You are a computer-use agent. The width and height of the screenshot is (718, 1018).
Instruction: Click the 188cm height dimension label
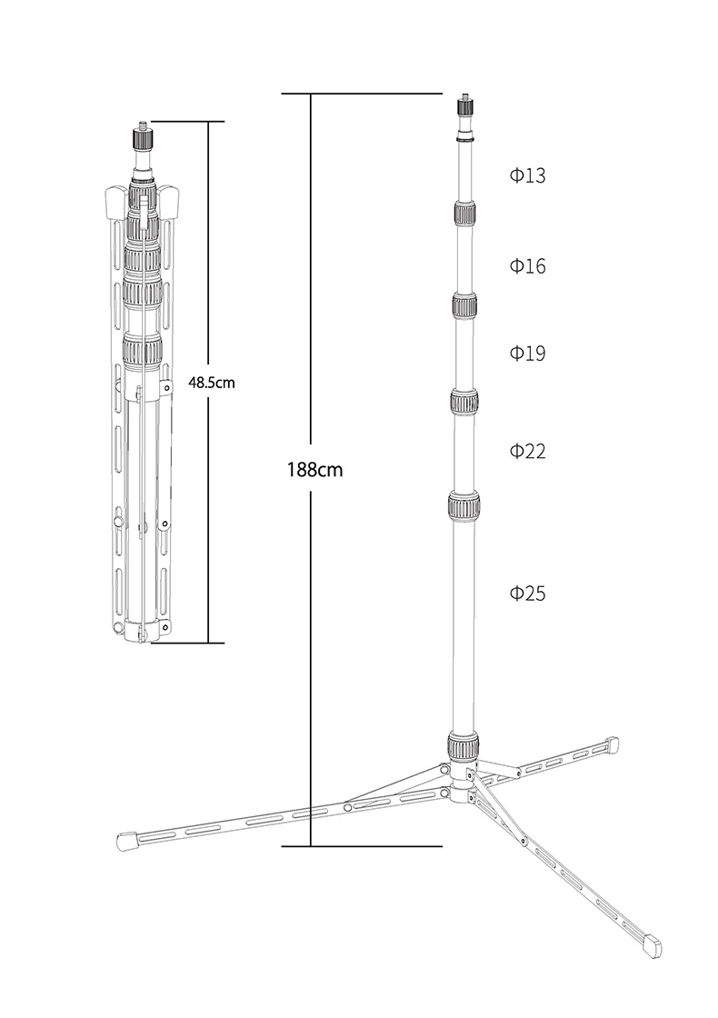[314, 469]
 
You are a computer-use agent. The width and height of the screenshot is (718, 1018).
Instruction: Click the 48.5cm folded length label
[212, 383]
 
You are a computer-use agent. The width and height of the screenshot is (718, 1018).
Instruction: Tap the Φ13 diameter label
[527, 175]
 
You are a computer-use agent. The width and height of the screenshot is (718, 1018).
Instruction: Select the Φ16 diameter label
[527, 265]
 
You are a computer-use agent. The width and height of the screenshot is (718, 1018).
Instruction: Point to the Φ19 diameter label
[527, 354]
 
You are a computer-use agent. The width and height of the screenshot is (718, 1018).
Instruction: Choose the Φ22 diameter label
[527, 451]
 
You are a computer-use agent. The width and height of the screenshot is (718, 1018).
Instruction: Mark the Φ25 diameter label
[527, 593]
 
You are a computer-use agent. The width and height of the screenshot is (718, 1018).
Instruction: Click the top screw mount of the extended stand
[464, 105]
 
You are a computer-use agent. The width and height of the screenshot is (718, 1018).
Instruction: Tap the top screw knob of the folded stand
[143, 136]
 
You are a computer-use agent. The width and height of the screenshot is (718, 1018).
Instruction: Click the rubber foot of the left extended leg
[126, 841]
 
